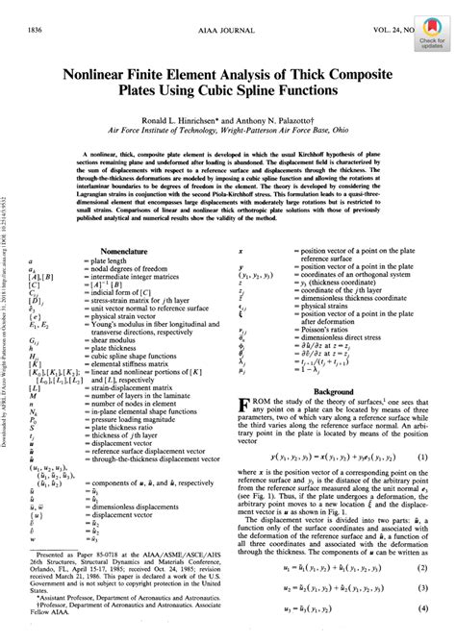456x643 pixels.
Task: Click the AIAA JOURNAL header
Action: [x=231, y=10]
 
